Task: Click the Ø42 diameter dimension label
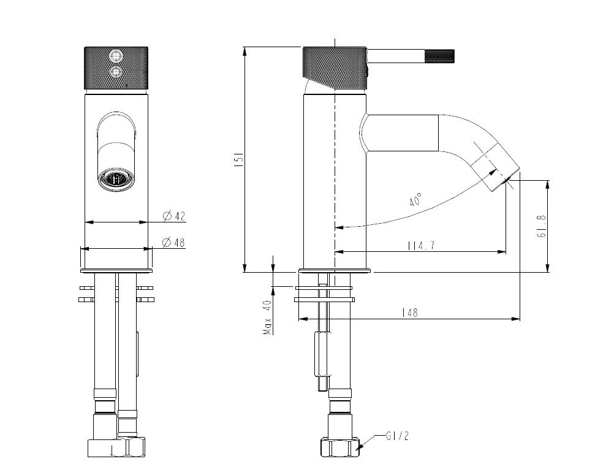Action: click(x=173, y=216)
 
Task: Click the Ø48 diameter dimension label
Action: click(x=173, y=243)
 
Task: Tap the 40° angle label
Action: click(x=416, y=200)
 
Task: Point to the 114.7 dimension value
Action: click(x=421, y=246)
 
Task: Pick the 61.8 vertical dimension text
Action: click(x=542, y=226)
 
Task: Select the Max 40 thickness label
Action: click(x=267, y=317)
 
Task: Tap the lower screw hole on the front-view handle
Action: click(x=115, y=73)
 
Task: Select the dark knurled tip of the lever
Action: click(x=439, y=56)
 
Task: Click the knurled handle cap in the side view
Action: click(x=335, y=66)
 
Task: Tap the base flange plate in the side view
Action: click(x=335, y=271)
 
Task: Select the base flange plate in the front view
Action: click(x=116, y=270)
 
